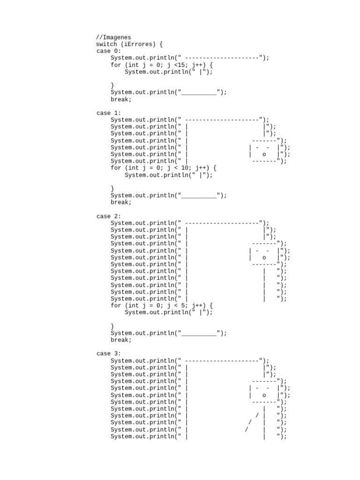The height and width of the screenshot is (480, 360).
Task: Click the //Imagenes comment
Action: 114,37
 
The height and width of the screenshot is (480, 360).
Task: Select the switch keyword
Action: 106,45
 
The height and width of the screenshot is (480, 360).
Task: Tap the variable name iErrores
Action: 138,45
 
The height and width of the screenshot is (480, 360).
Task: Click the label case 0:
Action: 108,51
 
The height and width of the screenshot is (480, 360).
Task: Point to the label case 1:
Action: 108,113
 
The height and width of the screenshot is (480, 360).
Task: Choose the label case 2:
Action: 108,216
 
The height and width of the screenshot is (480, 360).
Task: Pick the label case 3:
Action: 108,353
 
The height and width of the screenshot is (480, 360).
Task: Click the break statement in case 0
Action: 121,99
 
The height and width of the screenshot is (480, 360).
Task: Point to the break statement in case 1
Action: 121,202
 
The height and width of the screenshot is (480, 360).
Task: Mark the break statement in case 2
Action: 121,340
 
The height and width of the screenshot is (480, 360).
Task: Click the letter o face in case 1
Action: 264,154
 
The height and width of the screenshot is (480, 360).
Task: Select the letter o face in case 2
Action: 264,257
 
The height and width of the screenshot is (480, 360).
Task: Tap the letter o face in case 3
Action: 264,395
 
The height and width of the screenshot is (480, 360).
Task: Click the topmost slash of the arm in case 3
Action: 257,416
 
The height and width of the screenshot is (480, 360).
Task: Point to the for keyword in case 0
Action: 116,65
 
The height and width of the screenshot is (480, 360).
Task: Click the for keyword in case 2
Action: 116,306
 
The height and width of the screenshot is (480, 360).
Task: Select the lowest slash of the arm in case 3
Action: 247,429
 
